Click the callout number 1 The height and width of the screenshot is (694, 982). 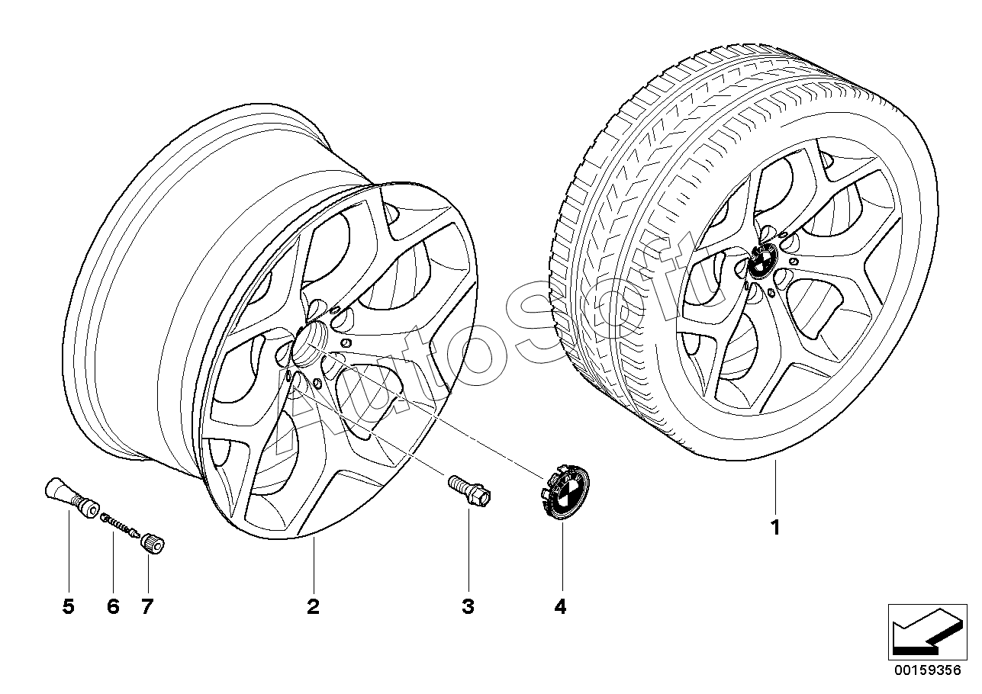click(775, 528)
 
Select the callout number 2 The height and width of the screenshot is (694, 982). click(313, 607)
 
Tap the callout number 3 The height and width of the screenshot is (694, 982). click(468, 607)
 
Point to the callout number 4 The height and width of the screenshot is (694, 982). click(561, 607)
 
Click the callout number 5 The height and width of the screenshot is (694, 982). click(69, 607)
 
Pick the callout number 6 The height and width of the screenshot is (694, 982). click(113, 607)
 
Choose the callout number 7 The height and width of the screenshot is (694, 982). click(147, 607)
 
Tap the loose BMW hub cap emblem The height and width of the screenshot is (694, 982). click(563, 492)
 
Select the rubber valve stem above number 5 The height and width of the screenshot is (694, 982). click(72, 496)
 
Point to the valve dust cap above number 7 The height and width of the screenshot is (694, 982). click(152, 545)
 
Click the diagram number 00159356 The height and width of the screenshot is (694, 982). click(927, 682)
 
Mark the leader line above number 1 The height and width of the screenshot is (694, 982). click(775, 487)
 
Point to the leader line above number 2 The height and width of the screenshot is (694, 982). click(314, 565)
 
